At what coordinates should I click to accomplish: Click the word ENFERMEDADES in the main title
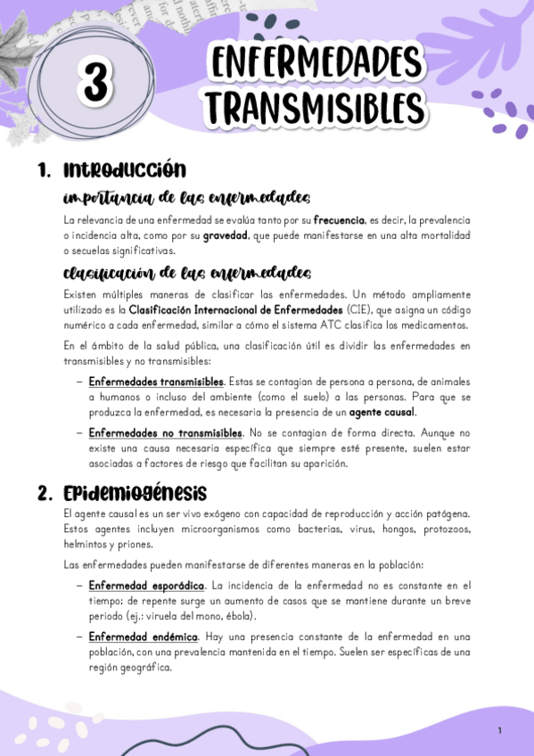coord(316,64)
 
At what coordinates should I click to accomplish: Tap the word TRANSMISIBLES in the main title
coord(316,108)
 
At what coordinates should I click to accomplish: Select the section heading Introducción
coord(125,170)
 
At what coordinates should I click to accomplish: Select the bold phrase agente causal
coord(382,413)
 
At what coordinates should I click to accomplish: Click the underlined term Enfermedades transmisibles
coord(156,382)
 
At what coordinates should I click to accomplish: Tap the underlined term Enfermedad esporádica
coord(146,585)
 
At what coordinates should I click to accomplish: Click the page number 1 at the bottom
coord(500,731)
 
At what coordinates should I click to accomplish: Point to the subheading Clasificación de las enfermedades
coord(186,272)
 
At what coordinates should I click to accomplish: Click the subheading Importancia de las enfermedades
coord(186,197)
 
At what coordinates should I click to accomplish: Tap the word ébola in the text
coord(240,616)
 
